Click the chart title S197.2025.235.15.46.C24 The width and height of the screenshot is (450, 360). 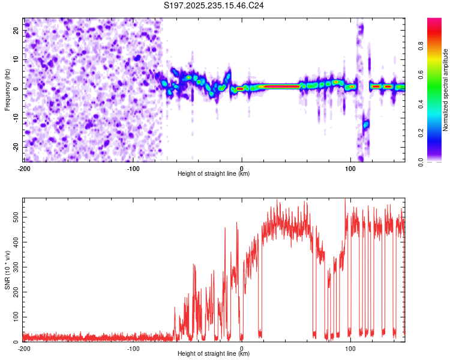[x=214, y=5]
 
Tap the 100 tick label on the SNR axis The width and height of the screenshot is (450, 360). [x=16, y=315]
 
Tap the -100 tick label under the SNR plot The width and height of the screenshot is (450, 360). [x=133, y=349]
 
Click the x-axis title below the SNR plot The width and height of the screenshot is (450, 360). [x=214, y=354]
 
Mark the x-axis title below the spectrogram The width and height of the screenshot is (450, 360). [x=214, y=174]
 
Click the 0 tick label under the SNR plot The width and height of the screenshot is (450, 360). [x=242, y=349]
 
